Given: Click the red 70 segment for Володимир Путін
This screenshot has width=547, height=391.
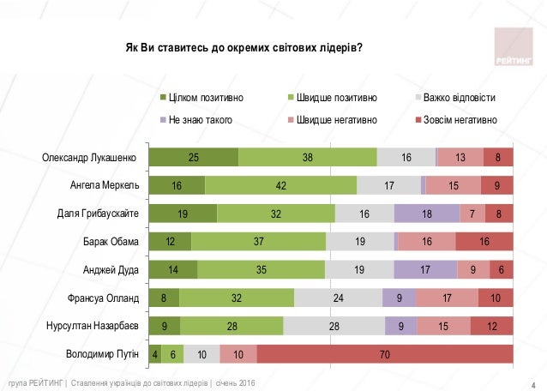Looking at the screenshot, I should [x=384, y=353].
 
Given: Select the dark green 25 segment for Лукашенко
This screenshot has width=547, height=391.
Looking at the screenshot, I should [x=194, y=157].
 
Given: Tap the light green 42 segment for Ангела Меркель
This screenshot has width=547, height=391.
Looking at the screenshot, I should [x=280, y=185].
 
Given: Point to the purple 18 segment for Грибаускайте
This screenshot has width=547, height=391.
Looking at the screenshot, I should [x=426, y=214].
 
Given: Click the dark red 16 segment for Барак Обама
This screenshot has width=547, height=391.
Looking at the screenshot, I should [x=484, y=242].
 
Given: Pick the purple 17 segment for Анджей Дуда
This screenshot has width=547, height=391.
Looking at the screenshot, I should [x=426, y=269].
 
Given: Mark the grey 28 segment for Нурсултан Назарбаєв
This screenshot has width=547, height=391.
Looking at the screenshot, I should [x=334, y=326].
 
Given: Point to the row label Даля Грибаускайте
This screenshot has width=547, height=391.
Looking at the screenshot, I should [x=93, y=214].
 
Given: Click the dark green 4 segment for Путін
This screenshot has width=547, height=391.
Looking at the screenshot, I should [x=155, y=353].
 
